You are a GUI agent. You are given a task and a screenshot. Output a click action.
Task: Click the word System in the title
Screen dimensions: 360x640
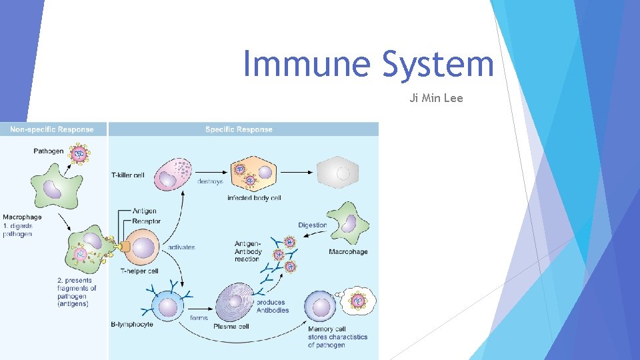[438, 65]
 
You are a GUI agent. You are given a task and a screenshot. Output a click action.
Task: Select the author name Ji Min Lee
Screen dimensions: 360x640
[436, 99]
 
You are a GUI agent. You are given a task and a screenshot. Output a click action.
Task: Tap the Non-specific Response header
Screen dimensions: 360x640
[52, 129]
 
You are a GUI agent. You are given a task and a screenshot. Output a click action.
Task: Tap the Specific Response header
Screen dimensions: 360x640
[239, 129]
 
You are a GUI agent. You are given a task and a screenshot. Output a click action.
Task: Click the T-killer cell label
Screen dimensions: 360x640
[127, 175]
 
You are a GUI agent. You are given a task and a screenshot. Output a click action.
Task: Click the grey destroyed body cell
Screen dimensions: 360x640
[338, 173]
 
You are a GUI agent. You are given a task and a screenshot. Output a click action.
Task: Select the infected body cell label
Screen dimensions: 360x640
[254, 198]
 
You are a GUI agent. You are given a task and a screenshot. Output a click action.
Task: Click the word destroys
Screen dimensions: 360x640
[211, 181]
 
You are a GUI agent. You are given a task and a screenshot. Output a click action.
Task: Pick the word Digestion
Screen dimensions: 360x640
[313, 225]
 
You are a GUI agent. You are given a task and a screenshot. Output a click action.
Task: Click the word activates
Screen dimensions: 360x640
[181, 247]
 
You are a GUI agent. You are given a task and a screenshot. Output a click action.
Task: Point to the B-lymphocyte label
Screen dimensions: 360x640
[132, 325]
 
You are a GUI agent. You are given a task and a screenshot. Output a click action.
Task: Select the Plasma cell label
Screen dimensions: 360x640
[231, 326]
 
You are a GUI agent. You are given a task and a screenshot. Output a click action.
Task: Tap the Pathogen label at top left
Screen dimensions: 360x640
[49, 151]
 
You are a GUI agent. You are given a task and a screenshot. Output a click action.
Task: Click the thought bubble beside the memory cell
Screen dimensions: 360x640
[359, 301]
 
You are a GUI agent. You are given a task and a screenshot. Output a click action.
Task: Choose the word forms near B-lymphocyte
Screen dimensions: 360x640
[199, 318]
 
